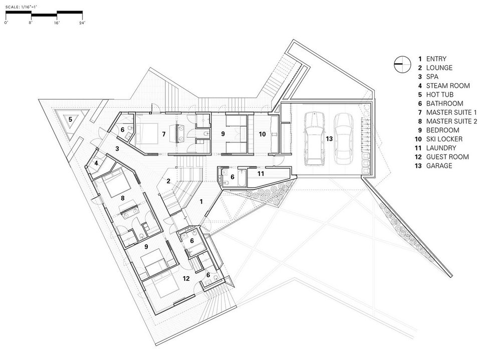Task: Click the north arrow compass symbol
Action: pyautogui.click(x=402, y=64)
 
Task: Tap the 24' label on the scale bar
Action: pyautogui.click(x=82, y=23)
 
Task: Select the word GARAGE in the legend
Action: pyautogui.click(x=439, y=166)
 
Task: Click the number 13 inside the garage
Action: pyautogui.click(x=329, y=138)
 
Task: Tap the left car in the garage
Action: pyautogui.click(x=314, y=138)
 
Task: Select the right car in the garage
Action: pyautogui.click(x=344, y=138)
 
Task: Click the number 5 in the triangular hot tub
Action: pyautogui.click(x=71, y=119)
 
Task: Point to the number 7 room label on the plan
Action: pyautogui.click(x=164, y=134)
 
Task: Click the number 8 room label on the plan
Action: pyautogui.click(x=123, y=198)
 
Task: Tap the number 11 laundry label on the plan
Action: pyautogui.click(x=261, y=173)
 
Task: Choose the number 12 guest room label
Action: pyautogui.click(x=186, y=278)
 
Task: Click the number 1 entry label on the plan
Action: pyautogui.click(x=201, y=202)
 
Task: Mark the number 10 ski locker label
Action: pyautogui.click(x=262, y=134)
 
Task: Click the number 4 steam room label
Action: pyautogui.click(x=96, y=163)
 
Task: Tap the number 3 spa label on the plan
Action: pyautogui.click(x=117, y=148)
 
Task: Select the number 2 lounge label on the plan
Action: pyautogui.click(x=168, y=181)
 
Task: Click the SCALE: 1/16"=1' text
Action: pyautogui.click(x=22, y=7)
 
